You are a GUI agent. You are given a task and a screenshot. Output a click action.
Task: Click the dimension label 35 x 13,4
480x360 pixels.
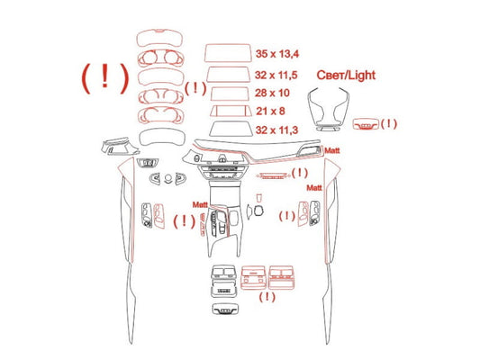pos(277,54)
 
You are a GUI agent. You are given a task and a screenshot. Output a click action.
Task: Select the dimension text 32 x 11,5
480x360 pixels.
pos(276,75)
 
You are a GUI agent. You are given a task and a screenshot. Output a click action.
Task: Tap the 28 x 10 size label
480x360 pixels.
pos(272,93)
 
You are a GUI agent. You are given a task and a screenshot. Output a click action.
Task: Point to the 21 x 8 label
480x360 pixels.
pos(270,111)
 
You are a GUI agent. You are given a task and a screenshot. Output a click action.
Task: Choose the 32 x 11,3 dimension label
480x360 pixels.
pos(276,130)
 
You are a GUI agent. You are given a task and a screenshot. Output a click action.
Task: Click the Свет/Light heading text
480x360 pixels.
pos(346,76)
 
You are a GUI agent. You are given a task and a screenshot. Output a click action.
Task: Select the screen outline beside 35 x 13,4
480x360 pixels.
pos(228,53)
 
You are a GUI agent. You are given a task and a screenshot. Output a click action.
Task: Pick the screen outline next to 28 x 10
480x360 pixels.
pos(230,94)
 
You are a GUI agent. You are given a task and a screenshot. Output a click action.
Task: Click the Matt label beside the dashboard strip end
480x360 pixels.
pos(332,150)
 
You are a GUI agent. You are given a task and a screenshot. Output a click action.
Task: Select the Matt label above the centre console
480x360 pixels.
pos(200,204)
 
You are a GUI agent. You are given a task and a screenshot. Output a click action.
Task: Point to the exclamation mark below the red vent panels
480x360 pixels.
pos(267,296)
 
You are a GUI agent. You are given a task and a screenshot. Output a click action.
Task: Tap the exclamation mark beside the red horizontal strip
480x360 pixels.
pos(299,173)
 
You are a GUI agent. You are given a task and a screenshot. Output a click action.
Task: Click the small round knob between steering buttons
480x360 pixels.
pos(168,178)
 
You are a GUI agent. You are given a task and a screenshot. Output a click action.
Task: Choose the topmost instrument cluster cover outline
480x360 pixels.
pos(159,38)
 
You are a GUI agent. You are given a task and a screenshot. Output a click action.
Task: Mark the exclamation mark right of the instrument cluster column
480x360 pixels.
pos(195,89)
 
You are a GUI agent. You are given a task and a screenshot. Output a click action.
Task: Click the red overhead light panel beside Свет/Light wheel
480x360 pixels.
pos(366,123)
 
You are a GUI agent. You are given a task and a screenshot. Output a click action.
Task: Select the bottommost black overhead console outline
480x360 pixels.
pos(224,309)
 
